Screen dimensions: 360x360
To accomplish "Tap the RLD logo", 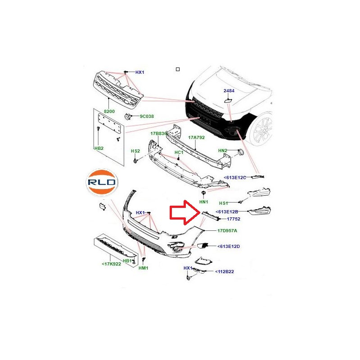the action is point(102,182).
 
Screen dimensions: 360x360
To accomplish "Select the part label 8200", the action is point(109,111).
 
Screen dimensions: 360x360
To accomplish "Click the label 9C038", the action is point(147,117).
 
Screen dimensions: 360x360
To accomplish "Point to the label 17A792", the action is point(196,138).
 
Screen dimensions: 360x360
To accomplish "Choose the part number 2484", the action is point(229,91).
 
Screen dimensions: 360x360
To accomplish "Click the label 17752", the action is point(234,219).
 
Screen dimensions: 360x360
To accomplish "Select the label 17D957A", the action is point(227,230).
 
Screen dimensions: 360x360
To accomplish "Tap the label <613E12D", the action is point(229,246).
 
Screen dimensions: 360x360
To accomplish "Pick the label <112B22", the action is point(225,272).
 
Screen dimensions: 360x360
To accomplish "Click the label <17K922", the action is point(111,264).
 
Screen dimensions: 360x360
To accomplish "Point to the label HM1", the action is point(144,268).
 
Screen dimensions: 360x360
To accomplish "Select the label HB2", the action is point(99,148).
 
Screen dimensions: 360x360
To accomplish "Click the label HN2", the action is point(222,150).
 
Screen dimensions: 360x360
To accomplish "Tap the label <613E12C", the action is point(235,177).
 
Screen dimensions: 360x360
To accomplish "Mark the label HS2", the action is point(135,151).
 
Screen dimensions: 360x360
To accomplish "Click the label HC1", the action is point(179,153).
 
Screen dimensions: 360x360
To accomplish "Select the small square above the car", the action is point(177,69).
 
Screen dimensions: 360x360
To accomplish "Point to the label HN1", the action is point(204,202).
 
